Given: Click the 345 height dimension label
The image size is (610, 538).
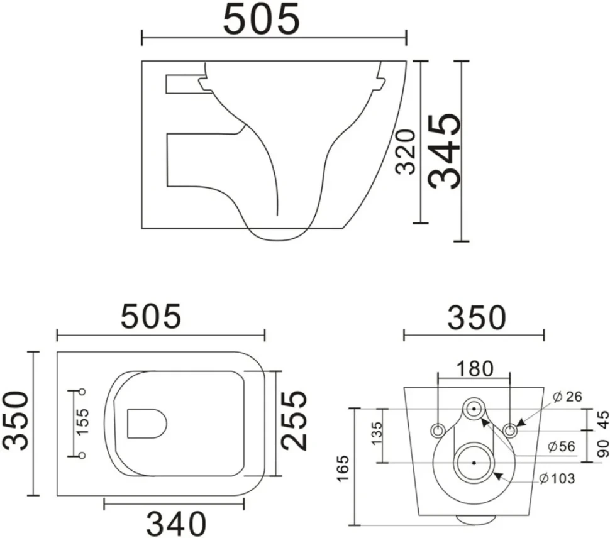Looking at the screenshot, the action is click(445, 151).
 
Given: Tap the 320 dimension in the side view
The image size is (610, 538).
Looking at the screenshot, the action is click(406, 151).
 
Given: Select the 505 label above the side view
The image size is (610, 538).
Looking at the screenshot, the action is click(261, 19).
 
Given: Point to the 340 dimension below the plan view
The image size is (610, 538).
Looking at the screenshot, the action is click(176, 523).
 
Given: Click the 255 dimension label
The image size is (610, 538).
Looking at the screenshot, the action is click(294, 420).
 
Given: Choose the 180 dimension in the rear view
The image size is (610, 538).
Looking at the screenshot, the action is click(474, 368).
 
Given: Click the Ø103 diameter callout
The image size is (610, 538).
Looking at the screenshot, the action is click(557, 478).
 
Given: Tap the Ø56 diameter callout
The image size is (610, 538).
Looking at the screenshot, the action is click(561, 446).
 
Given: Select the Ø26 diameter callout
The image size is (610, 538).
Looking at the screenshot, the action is click(568, 397).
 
